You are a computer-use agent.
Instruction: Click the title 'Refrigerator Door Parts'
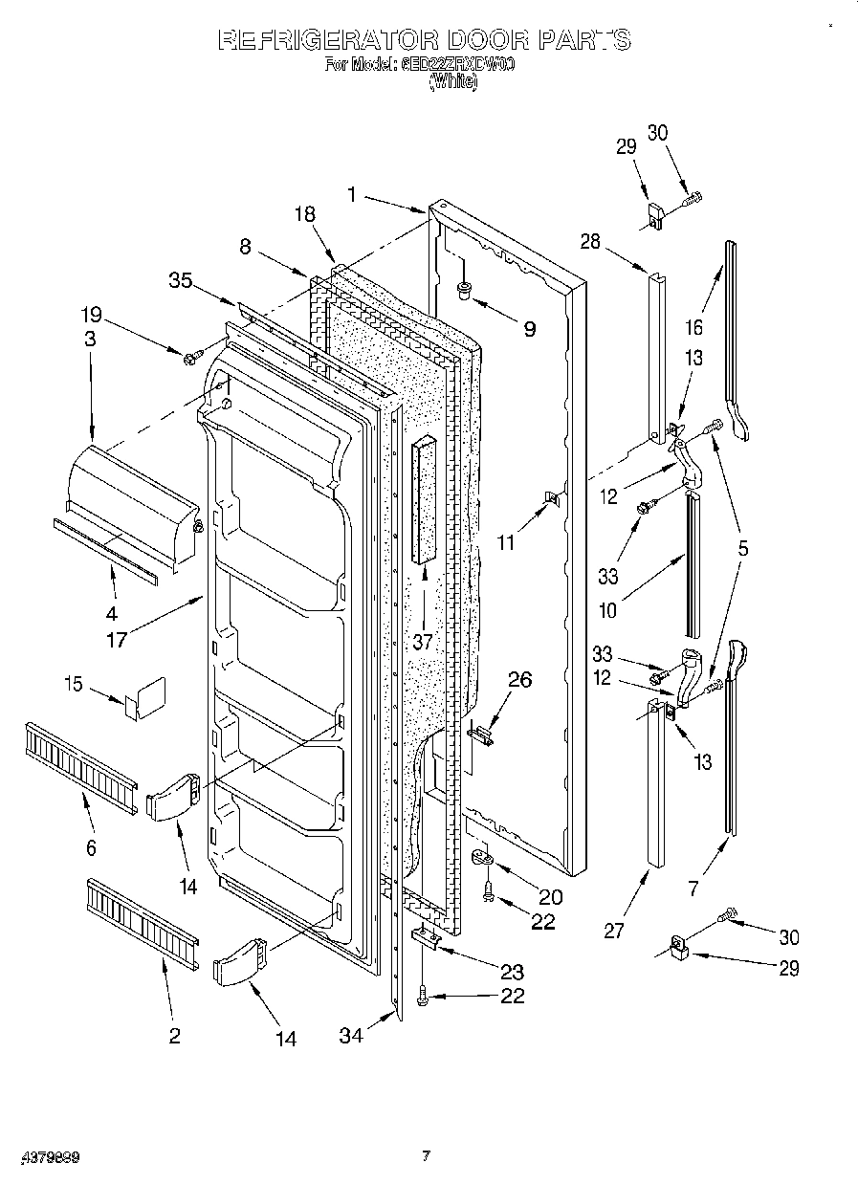424,39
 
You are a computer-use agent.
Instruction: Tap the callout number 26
518,680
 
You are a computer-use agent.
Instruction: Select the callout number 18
304,215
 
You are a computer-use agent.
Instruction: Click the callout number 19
91,315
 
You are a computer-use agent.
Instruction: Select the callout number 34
351,1035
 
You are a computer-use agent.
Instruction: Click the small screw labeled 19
192,357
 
